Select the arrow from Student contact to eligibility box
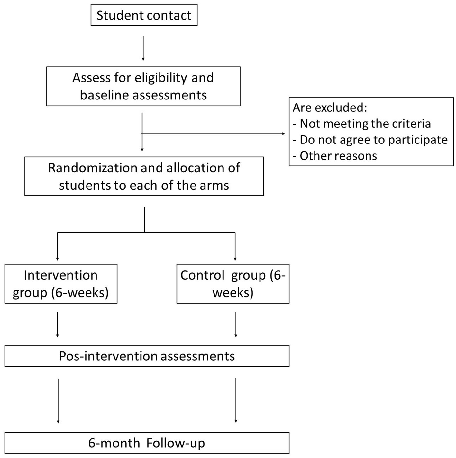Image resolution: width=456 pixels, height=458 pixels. tap(143, 48)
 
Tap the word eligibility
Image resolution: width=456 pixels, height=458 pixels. tap(161, 78)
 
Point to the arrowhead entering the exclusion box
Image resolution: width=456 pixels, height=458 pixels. tap(284, 134)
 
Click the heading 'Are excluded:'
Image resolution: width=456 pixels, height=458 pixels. tap(330, 108)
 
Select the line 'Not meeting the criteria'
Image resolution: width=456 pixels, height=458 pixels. tap(362, 124)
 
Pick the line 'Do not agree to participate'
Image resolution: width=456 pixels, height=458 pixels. tap(370, 140)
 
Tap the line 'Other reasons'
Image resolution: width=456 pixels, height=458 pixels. tap(335, 156)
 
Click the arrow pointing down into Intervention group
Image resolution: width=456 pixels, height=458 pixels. tap(57, 246)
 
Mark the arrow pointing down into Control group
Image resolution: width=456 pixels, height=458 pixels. tap(235, 246)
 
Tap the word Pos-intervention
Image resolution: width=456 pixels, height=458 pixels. tap(108, 356)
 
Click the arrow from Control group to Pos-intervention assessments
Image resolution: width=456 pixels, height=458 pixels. tap(236, 324)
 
